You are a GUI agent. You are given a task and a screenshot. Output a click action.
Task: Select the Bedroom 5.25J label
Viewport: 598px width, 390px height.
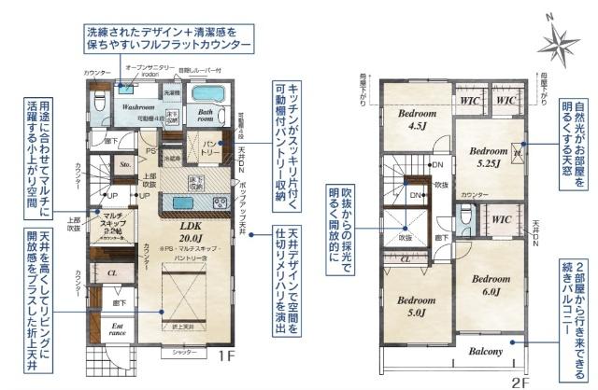[x=489, y=156]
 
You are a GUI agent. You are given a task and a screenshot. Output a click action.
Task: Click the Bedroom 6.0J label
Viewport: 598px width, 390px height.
[x=490, y=286]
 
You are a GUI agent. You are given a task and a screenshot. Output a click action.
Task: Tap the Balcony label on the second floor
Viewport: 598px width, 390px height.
[x=486, y=352]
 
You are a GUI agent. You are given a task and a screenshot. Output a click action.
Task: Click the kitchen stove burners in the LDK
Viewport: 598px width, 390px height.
[x=219, y=203]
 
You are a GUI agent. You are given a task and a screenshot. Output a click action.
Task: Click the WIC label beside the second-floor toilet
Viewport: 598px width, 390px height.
[x=501, y=220]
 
